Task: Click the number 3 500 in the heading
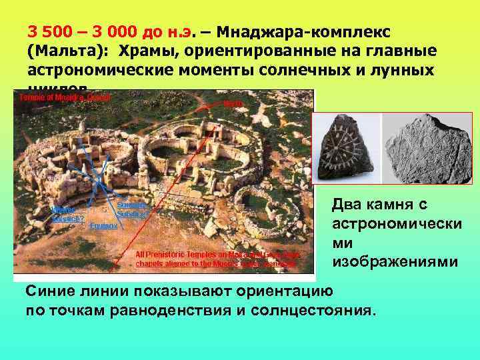pos(47,31)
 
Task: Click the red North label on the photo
pos(233,104)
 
